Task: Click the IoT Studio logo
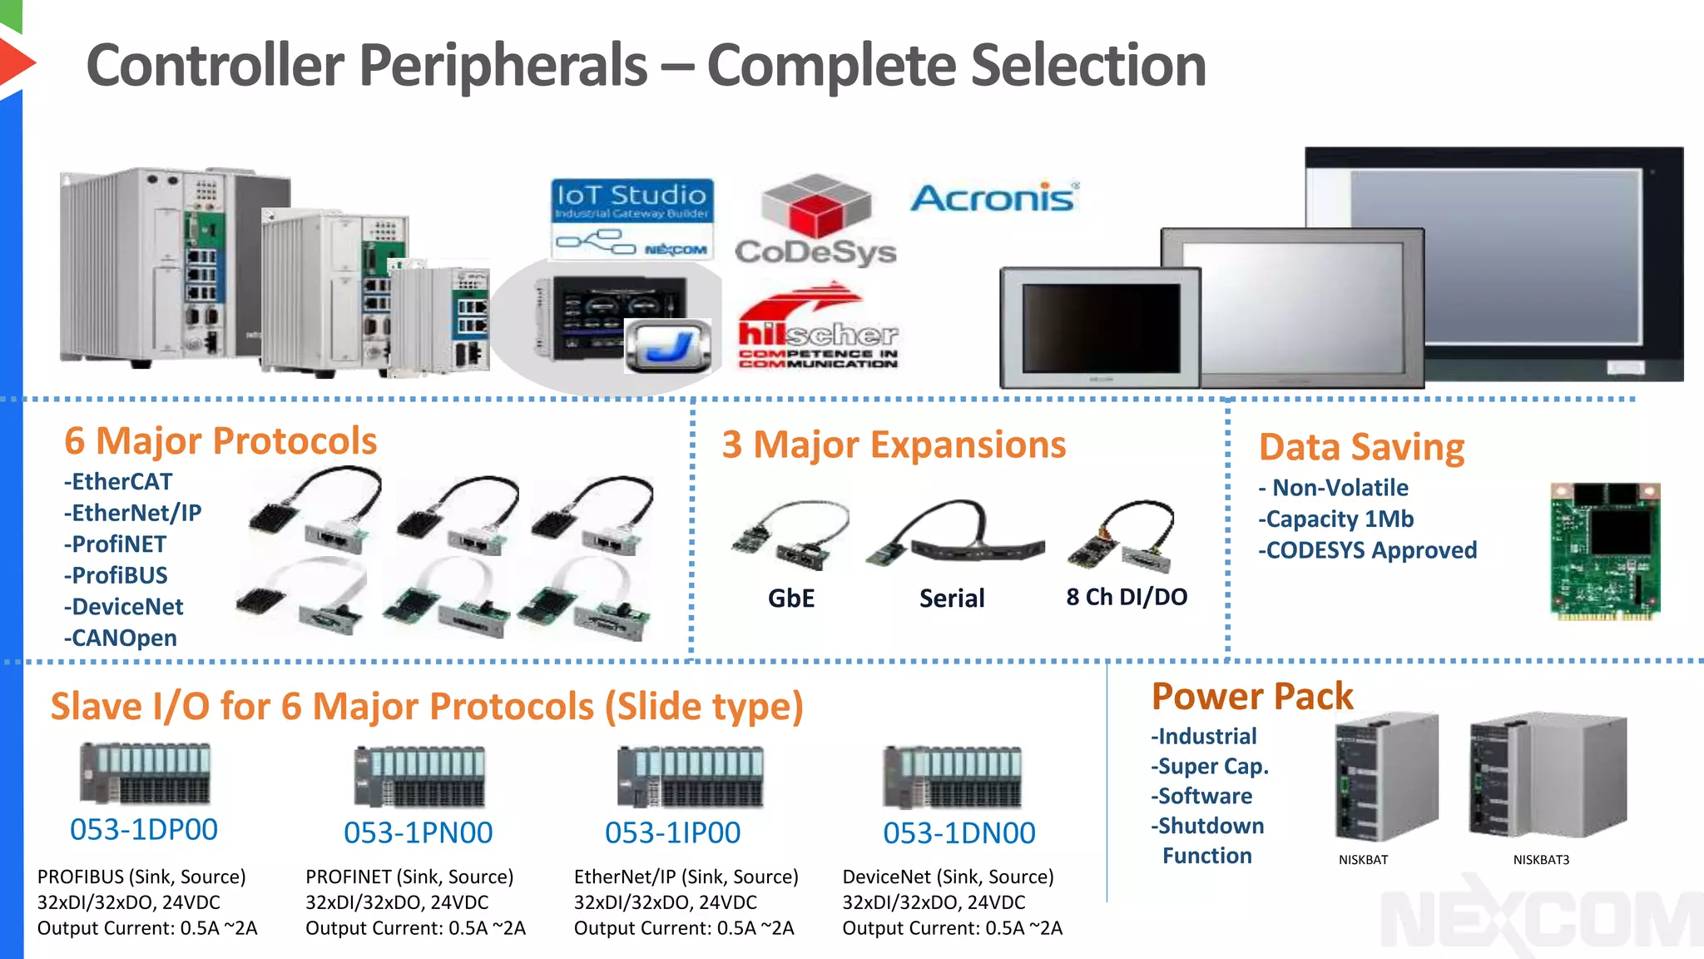click(x=632, y=219)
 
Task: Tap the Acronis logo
click(x=994, y=197)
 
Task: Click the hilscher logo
click(x=818, y=329)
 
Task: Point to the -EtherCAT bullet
click(x=118, y=482)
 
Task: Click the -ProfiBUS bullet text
click(x=116, y=575)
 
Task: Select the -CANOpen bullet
click(x=121, y=639)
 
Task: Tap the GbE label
click(x=790, y=598)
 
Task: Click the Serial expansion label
click(x=952, y=598)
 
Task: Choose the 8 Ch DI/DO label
click(x=1127, y=597)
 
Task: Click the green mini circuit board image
click(x=1605, y=551)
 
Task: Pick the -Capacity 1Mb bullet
click(x=1336, y=519)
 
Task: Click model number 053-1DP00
click(x=144, y=830)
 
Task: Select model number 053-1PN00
click(x=418, y=832)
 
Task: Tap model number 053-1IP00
click(x=672, y=832)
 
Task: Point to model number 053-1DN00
click(x=958, y=832)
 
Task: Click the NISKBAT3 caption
click(x=1540, y=860)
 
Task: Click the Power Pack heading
click(x=1252, y=696)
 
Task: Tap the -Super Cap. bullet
click(x=1210, y=767)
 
